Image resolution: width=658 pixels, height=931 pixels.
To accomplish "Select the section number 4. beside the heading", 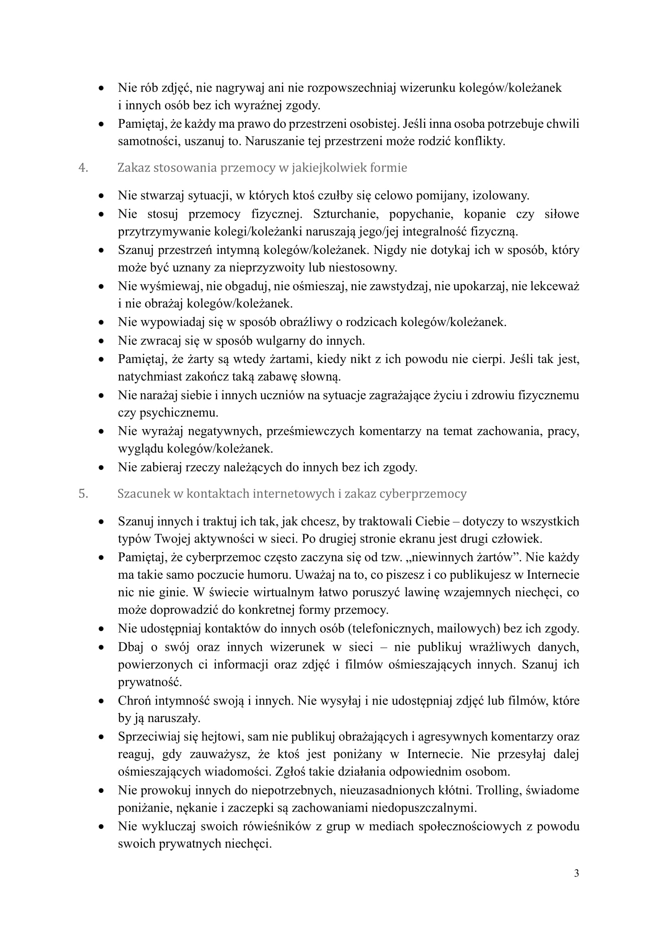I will click(x=83, y=168).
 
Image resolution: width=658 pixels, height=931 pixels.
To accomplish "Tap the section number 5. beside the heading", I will click(x=83, y=494).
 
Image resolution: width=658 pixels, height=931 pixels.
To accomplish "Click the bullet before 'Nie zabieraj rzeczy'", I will click(x=101, y=468).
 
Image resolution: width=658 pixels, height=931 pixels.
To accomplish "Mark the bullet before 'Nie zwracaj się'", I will click(x=101, y=341).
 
